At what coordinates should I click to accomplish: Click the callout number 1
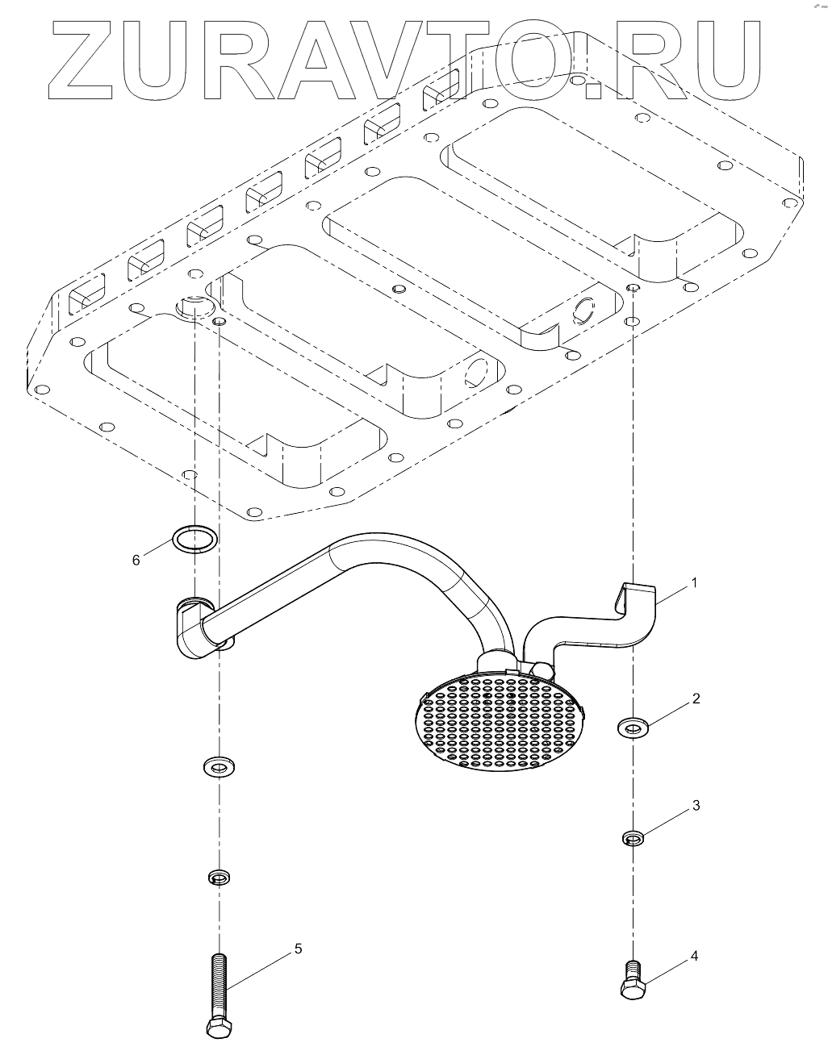pyautogui.click(x=695, y=582)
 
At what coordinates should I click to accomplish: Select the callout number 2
pyautogui.click(x=695, y=699)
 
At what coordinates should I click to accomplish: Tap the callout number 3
pyautogui.click(x=695, y=806)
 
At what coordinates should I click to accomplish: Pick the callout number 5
pyautogui.click(x=298, y=949)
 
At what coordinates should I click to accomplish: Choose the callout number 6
pyautogui.click(x=136, y=559)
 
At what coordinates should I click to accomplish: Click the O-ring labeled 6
pyautogui.click(x=195, y=538)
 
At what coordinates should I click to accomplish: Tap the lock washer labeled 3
pyautogui.click(x=634, y=839)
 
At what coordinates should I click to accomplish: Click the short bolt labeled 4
pyautogui.click(x=632, y=979)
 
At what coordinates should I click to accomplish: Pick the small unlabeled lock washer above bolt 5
pyautogui.click(x=217, y=876)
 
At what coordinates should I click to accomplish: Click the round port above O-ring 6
pyautogui.click(x=194, y=307)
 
